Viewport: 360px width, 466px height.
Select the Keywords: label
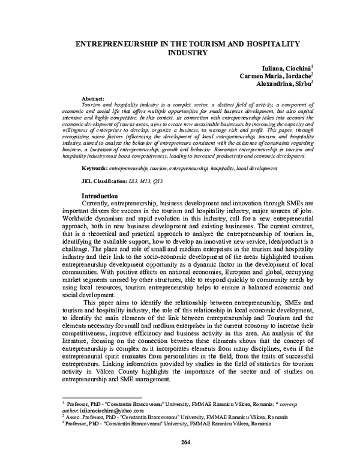click(95, 169)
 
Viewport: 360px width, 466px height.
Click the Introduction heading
click(100, 196)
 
